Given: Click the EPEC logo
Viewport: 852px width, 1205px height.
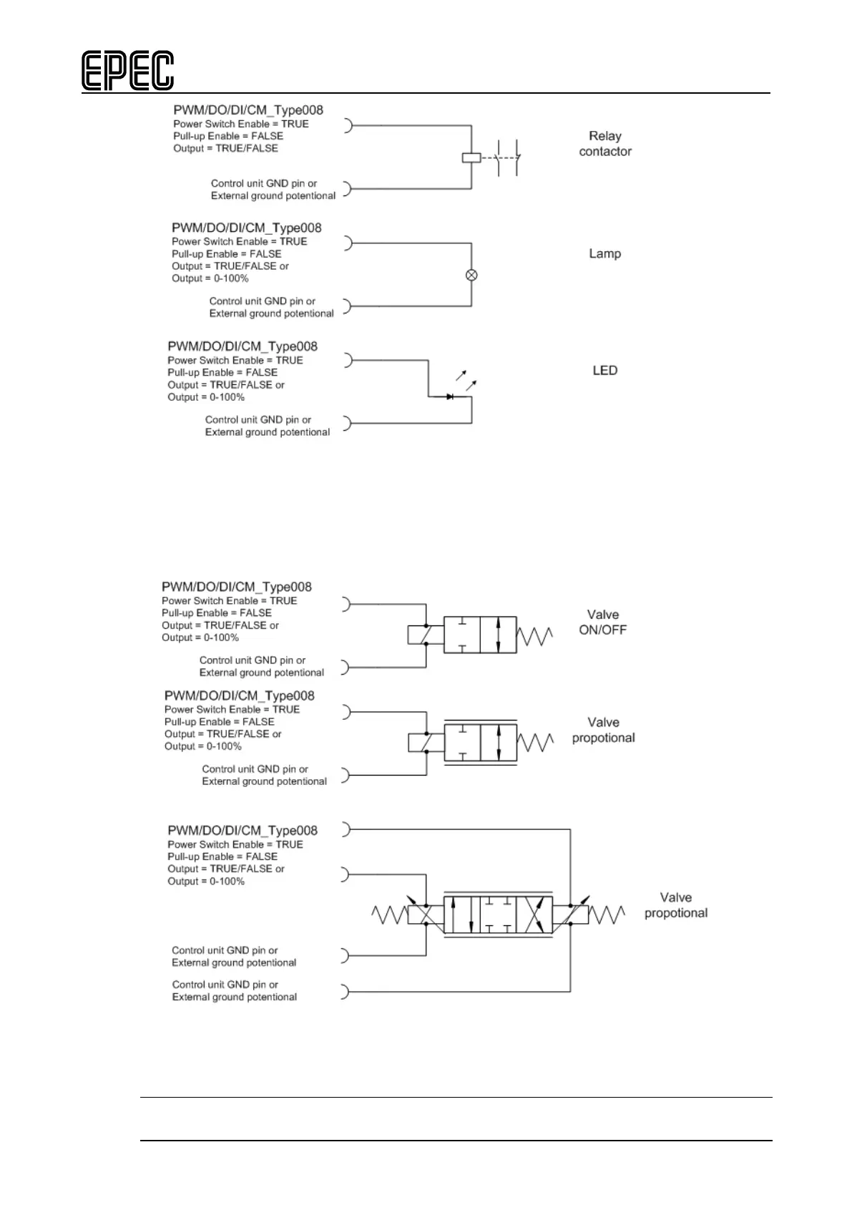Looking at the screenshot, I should [127, 71].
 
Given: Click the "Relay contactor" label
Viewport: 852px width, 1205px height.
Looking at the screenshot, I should [604, 144].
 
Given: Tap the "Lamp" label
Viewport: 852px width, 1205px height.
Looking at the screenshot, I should [604, 253].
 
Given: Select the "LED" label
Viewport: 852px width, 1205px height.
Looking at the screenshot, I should [604, 371].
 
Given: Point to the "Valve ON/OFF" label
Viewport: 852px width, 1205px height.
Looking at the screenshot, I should [602, 623].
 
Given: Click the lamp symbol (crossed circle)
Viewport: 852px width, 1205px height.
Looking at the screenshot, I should [471, 275].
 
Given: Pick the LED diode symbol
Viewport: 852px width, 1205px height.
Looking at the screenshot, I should [450, 396].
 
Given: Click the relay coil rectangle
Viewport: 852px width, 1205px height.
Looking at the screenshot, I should [471, 157].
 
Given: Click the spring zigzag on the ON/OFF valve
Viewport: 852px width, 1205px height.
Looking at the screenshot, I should [535, 635].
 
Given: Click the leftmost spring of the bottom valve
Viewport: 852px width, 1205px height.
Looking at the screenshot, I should [389, 915].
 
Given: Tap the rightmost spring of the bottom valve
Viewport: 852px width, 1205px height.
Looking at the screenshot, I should [607, 915].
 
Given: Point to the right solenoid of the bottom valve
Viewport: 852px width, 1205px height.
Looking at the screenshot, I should [570, 915].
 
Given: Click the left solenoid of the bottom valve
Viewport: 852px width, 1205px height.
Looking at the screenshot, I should [425, 915].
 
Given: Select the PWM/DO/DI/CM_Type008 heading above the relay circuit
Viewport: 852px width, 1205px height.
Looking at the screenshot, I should [248, 110].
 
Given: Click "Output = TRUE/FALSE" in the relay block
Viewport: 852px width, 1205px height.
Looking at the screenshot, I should [225, 148].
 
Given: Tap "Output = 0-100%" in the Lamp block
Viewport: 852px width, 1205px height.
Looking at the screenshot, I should [210, 278].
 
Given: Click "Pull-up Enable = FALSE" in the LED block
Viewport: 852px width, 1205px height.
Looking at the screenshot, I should [222, 373].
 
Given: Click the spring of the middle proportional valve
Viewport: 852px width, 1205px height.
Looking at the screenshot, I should [535, 743].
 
